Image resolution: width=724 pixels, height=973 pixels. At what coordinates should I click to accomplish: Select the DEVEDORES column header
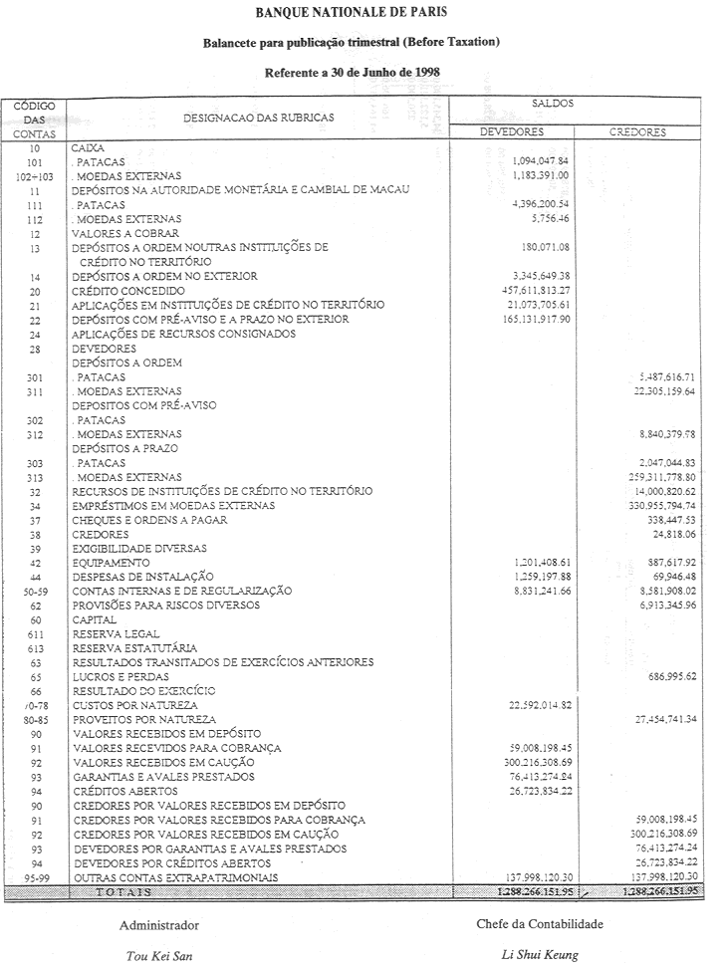(511, 132)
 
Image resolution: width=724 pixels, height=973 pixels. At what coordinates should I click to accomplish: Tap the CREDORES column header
(637, 132)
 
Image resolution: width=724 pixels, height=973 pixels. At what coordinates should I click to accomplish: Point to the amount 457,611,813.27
(539, 290)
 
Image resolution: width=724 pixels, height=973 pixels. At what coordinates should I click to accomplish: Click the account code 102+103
(35, 175)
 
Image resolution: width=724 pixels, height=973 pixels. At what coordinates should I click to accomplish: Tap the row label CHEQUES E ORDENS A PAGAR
(150, 520)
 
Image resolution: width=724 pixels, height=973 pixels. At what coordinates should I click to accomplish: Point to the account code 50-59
(35, 591)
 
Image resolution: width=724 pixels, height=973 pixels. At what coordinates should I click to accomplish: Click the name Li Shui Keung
(540, 955)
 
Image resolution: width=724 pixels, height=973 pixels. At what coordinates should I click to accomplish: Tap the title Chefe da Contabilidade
(540, 924)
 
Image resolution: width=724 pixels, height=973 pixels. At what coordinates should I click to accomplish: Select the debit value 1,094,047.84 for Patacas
(542, 161)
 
